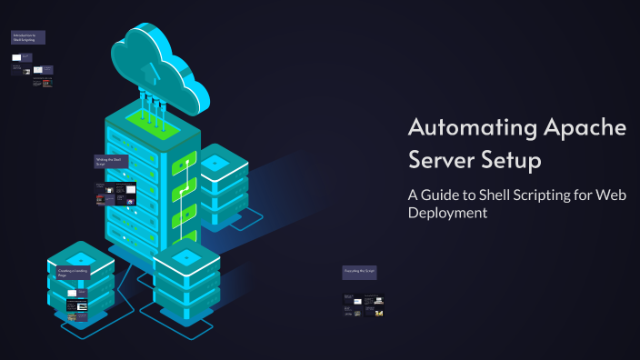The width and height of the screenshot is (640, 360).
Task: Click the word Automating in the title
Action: pyautogui.click(x=461, y=127)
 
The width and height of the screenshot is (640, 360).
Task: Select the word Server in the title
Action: pyautogui.click(x=441, y=162)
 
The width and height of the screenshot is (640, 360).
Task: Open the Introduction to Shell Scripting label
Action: pyautogui.click(x=27, y=37)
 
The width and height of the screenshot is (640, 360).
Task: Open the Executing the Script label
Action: pyautogui.click(x=360, y=272)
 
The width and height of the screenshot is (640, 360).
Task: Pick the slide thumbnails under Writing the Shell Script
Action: pyautogui.click(x=116, y=194)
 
